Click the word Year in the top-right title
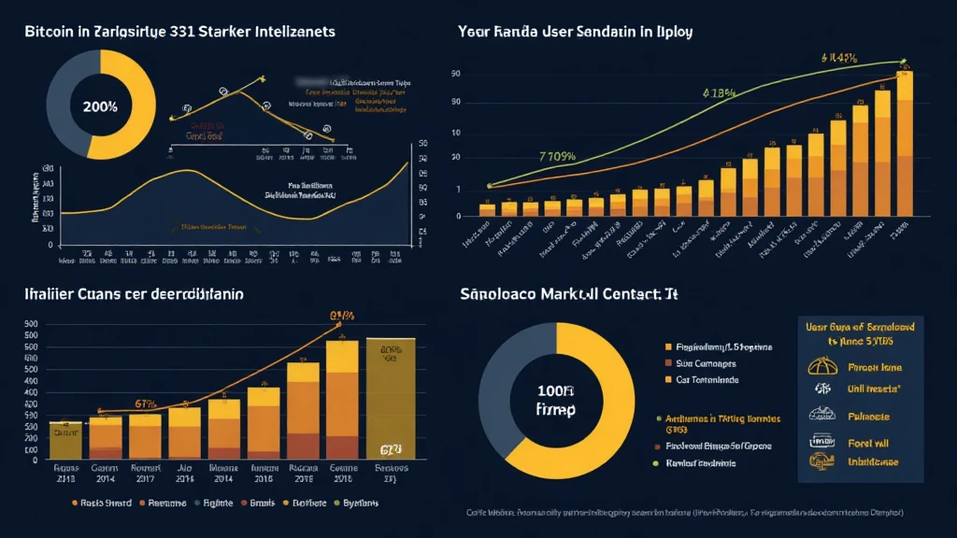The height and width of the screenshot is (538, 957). pyautogui.click(x=475, y=31)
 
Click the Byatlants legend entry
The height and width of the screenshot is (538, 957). pyautogui.click(x=358, y=503)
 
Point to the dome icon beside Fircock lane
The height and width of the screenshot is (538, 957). pyautogui.click(x=823, y=366)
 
